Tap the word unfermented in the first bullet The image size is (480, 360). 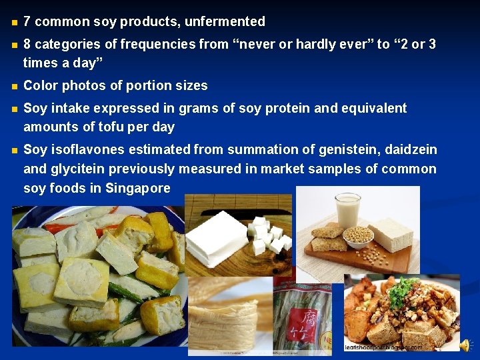225,21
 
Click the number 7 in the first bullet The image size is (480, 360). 27,21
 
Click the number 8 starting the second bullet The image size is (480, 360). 27,44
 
